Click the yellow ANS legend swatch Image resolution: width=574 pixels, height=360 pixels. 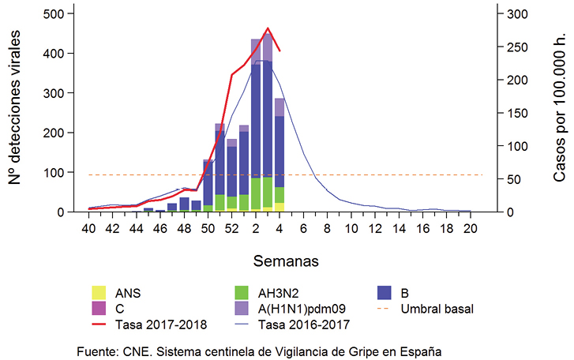(x=99, y=292)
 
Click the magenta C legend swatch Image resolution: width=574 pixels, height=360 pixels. (x=99, y=308)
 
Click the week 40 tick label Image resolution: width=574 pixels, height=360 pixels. (x=89, y=228)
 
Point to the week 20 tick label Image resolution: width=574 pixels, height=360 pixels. (x=471, y=228)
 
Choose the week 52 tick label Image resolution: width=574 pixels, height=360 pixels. (x=232, y=228)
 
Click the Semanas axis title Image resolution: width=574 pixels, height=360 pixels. (x=280, y=259)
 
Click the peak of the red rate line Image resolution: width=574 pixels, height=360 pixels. (x=268, y=28)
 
